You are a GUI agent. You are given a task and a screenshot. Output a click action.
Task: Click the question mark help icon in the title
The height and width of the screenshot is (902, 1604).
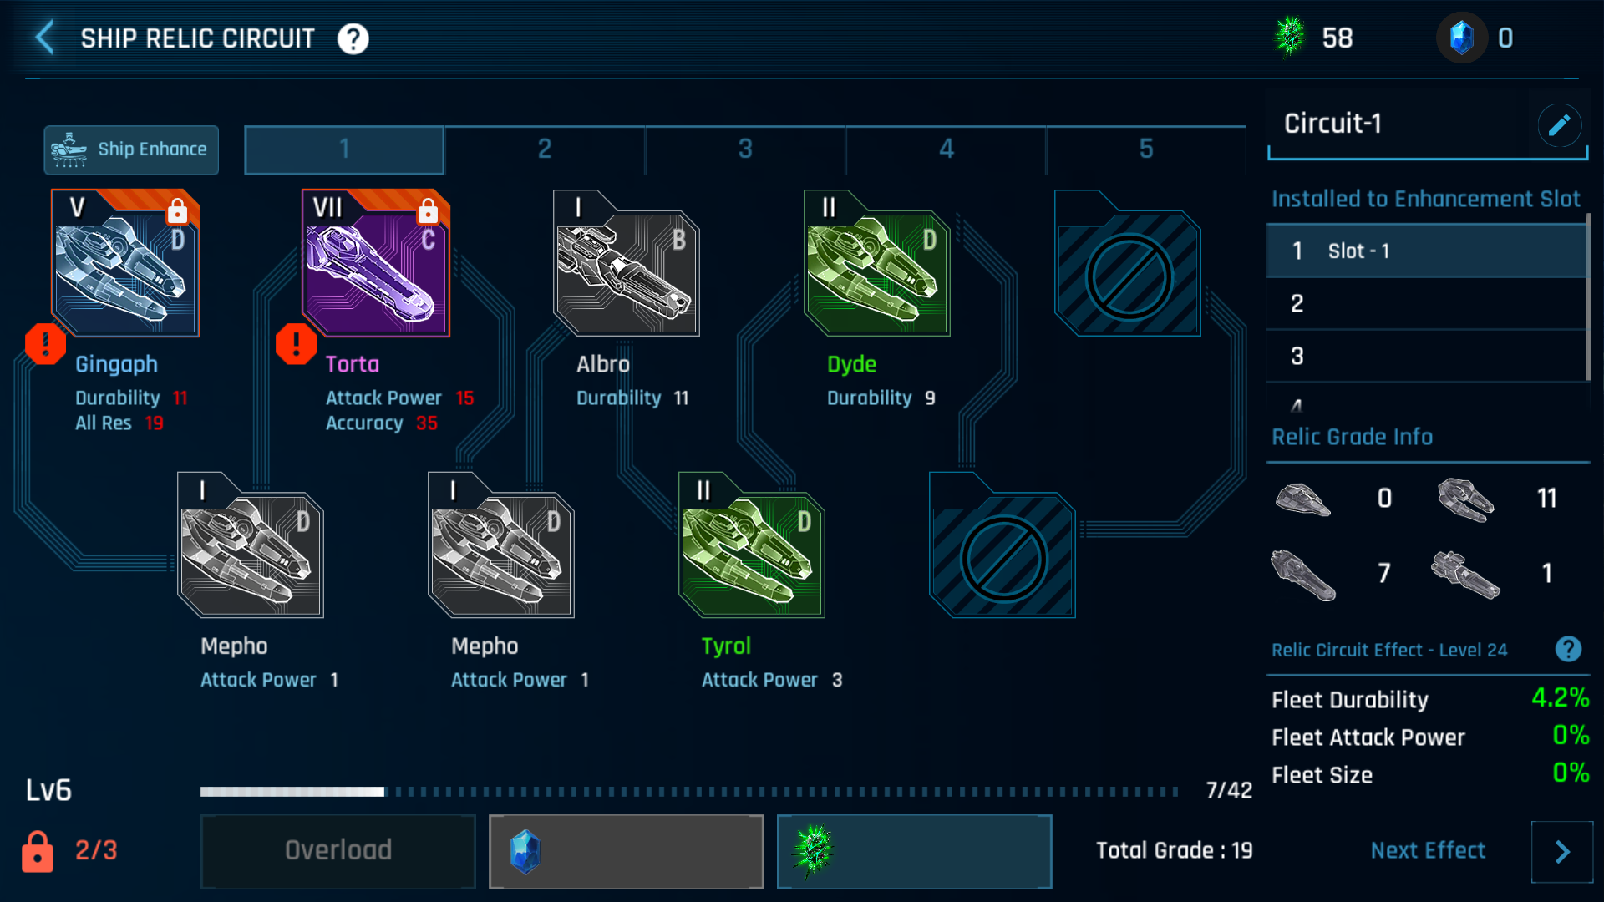(353, 38)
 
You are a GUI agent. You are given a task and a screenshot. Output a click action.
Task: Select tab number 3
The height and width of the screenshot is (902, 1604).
(745, 149)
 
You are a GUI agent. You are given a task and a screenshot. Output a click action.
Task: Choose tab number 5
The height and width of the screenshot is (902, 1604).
(1145, 149)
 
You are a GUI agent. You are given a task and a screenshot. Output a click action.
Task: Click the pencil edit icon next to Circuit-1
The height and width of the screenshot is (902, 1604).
(1559, 125)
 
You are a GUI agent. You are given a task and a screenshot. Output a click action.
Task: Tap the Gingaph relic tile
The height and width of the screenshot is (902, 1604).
(125, 264)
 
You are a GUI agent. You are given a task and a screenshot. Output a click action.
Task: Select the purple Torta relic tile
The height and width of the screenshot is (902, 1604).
(376, 264)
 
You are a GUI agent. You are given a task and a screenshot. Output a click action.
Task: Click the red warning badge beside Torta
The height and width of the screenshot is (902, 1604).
(296, 344)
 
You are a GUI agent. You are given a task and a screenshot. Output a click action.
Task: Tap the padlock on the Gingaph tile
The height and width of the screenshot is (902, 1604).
(177, 211)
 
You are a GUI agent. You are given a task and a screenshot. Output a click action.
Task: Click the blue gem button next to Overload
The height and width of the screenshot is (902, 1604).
(626, 851)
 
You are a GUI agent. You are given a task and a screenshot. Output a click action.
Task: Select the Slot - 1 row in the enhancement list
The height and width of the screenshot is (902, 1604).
(1426, 251)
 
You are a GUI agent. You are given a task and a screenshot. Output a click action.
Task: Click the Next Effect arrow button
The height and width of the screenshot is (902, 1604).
(1561, 851)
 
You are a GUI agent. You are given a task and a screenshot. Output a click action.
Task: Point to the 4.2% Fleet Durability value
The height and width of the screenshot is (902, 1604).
(1559, 697)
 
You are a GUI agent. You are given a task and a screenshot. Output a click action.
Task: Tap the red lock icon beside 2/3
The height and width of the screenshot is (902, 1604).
(38, 851)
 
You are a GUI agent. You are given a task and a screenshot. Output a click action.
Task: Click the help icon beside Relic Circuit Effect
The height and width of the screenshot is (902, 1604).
(1568, 649)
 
